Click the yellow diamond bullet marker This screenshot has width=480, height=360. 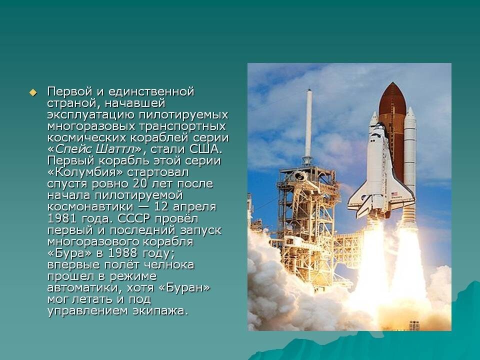tap(33, 92)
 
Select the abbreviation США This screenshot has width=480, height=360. tap(205, 149)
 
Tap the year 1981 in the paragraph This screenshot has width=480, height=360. tap(62, 218)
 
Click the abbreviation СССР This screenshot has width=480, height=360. tap(134, 218)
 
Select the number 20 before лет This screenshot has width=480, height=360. tap(142, 183)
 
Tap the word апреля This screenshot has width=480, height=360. tap(194, 207)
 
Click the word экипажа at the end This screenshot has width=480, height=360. tap(160, 311)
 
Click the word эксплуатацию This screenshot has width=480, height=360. tap(91, 115)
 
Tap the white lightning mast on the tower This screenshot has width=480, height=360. tap(308, 123)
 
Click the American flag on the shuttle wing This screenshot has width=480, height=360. tap(394, 194)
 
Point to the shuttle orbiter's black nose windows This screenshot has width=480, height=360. tap(380, 125)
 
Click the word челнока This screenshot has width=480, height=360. tap(169, 265)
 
